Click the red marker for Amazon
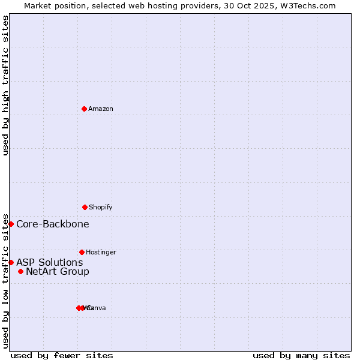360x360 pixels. coord(84,109)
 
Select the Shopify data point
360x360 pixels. coord(85,207)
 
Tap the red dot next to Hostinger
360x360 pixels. coord(82,252)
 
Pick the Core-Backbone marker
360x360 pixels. coord(11,224)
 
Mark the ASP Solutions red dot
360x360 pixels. coord(11,262)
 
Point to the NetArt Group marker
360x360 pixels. coord(20,271)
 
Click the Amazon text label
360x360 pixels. coord(101,109)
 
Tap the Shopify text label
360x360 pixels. coord(101,207)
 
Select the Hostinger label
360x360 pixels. coord(101,252)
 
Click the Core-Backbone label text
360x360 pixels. coord(53,224)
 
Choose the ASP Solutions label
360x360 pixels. coord(50,262)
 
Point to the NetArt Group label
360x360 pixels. coord(58,271)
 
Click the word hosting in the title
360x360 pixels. coord(161,5)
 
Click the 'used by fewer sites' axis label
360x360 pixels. coord(62,355)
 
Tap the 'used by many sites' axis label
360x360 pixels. coord(301,355)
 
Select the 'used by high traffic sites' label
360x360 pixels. coord(5,85)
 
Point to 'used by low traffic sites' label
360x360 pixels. coord(5,280)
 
